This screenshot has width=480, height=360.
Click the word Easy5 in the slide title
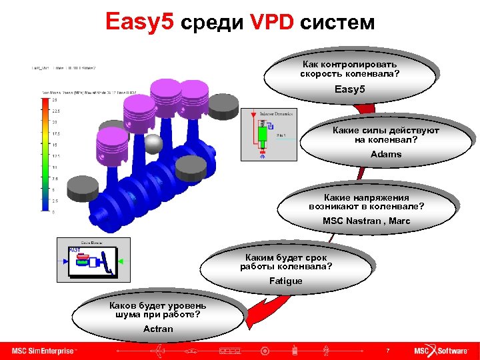[x=140, y=23]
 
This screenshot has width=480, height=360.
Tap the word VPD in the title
[x=271, y=23]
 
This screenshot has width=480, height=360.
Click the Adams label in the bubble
[x=386, y=154]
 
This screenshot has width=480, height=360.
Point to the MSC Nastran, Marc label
[x=366, y=221]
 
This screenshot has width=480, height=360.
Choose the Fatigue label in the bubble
[x=285, y=281]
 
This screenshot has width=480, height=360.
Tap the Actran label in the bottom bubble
[x=158, y=329]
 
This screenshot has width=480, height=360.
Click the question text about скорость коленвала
[x=350, y=69]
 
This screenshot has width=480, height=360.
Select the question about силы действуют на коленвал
[x=386, y=135]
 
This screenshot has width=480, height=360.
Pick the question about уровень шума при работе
[x=158, y=310]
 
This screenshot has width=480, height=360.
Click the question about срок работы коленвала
[x=286, y=262]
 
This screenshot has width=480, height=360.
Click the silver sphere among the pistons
[x=154, y=143]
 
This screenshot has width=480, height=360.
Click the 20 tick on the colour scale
[x=54, y=122]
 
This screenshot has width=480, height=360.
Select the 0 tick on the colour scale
[x=54, y=212]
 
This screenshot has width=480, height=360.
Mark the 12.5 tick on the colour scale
[x=55, y=156]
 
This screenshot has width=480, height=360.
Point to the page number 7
[x=387, y=350]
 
